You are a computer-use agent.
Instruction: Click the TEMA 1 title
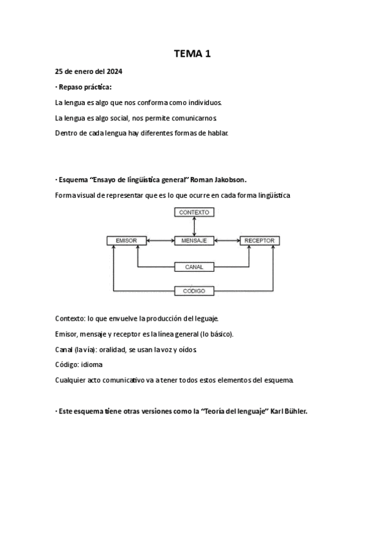click(x=192, y=55)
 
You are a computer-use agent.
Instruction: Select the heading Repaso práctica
click(x=85, y=87)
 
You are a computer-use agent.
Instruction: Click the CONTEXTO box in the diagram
click(x=194, y=212)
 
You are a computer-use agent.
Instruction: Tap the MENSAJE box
click(x=194, y=241)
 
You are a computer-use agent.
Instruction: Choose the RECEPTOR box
click(x=260, y=241)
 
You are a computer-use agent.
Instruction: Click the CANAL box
click(x=194, y=266)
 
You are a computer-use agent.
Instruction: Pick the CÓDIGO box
click(x=194, y=291)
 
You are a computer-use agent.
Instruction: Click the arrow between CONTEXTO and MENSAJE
click(x=194, y=226)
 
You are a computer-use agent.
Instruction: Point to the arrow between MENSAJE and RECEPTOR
click(x=227, y=241)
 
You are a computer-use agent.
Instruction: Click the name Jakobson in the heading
click(x=227, y=180)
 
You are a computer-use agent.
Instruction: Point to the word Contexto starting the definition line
click(x=69, y=319)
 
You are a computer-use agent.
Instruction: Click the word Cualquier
click(x=71, y=381)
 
